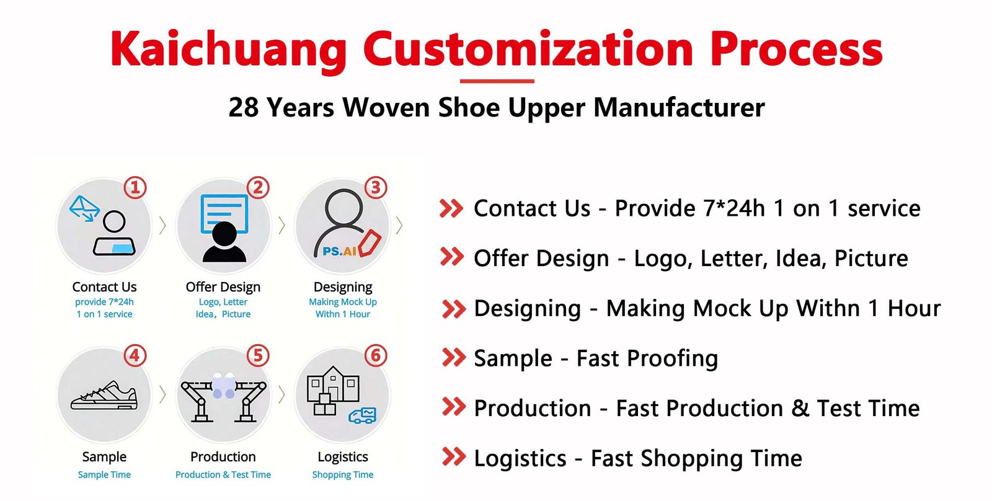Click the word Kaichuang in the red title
(x=228, y=50)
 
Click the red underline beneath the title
(x=497, y=81)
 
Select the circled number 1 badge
(x=135, y=187)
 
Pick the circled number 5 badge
(x=258, y=356)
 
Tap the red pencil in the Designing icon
(x=370, y=242)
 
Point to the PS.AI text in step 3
(x=339, y=251)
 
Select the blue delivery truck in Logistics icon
(x=363, y=415)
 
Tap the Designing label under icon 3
(x=343, y=287)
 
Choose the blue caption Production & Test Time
(x=223, y=475)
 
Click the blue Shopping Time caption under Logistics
(x=343, y=475)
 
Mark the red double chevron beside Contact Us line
(x=451, y=208)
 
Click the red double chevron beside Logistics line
(x=453, y=458)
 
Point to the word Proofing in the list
(x=672, y=359)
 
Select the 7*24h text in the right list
(x=734, y=209)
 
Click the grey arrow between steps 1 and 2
(x=162, y=226)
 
